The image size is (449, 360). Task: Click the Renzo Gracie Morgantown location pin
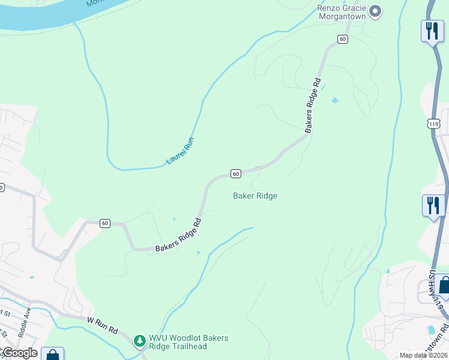tap(375, 11)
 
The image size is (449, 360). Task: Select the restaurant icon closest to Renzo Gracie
tap(432, 29)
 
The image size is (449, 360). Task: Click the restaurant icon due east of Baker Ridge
tap(433, 205)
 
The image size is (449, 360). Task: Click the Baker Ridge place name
tap(255, 196)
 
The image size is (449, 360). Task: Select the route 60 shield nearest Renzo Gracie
tap(342, 39)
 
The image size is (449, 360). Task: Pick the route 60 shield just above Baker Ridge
tap(235, 173)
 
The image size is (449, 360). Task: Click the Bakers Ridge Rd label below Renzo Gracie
tap(313, 106)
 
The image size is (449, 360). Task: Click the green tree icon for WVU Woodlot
tap(140, 341)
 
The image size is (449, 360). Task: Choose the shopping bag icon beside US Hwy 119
tap(443, 286)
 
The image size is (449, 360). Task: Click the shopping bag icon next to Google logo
tap(53, 355)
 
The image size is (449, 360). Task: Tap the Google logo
tap(19, 353)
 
